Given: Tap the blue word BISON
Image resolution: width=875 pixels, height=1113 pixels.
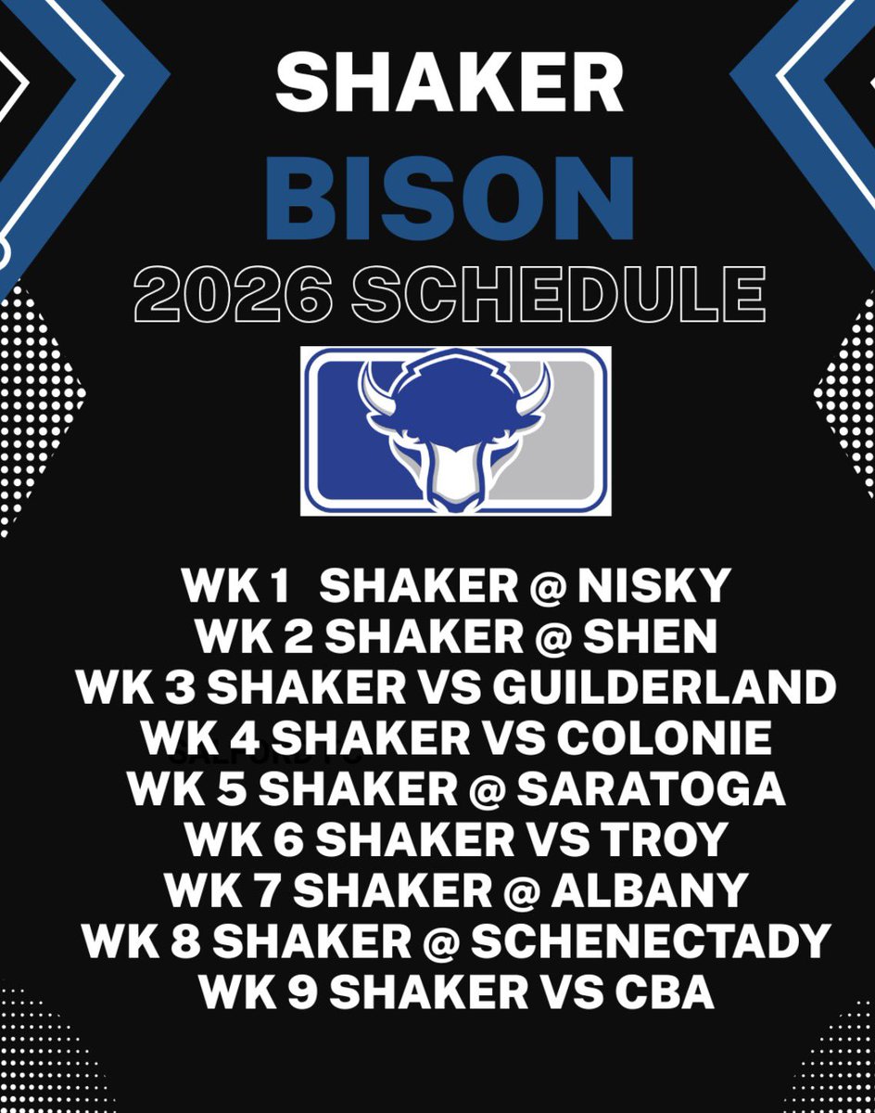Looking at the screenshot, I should (x=450, y=198).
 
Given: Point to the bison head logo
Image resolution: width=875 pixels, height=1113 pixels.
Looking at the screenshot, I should (x=454, y=430).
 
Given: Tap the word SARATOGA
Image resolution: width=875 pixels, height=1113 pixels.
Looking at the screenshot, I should (x=652, y=789).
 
